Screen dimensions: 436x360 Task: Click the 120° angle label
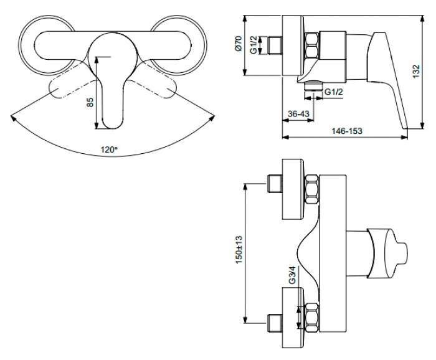[109, 150]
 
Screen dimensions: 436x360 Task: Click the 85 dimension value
[90, 102]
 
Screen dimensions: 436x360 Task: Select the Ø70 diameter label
[239, 44]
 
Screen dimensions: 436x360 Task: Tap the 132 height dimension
[415, 72]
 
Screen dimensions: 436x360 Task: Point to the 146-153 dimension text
[347, 131]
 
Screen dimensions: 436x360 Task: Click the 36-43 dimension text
[298, 114]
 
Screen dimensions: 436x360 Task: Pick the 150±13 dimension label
[239, 250]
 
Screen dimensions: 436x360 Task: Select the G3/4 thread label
[292, 275]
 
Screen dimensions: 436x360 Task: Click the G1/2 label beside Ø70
[254, 45]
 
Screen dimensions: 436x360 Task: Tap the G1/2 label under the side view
[334, 92]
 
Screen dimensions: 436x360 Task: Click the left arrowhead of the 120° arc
[13, 117]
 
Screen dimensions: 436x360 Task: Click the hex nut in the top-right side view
[312, 46]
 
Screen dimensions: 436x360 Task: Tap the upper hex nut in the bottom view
[312, 189]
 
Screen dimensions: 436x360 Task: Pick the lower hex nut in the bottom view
[312, 318]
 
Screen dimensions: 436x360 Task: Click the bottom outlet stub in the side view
[313, 85]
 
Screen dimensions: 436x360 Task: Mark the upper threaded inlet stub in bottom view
[275, 184]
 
